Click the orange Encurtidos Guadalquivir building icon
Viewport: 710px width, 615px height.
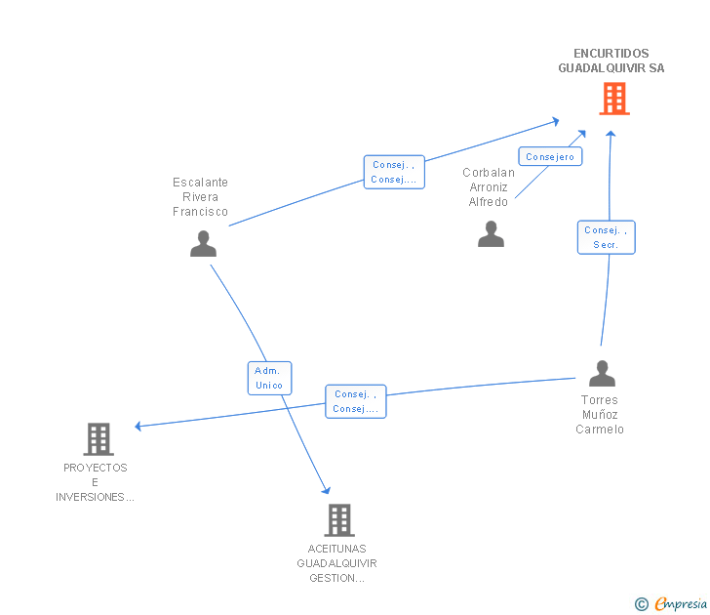coord(613,99)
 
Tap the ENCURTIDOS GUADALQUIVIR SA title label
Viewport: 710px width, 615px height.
coord(611,61)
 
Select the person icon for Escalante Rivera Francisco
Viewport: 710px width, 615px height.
coord(203,243)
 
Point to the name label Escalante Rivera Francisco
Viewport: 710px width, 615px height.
coord(200,197)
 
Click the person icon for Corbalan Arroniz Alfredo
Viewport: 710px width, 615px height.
coord(491,234)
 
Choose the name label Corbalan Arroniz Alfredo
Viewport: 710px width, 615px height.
coord(489,187)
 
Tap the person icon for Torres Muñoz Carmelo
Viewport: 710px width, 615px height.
coord(602,374)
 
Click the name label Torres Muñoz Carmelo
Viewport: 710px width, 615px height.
coord(600,415)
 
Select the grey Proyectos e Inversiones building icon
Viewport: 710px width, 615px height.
coord(99,439)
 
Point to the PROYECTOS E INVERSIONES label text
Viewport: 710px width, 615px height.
coord(96,482)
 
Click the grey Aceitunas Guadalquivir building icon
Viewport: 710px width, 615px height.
coord(337,520)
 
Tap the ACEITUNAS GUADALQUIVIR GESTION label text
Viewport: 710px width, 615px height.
coord(337,563)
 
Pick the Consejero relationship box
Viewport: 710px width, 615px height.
coord(550,156)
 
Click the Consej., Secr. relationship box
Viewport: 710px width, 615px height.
coord(606,237)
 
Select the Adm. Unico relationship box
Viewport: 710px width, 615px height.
coord(269,378)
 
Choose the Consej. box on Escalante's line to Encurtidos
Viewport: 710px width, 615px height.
coord(394,172)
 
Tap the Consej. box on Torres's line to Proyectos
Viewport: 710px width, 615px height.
coord(356,401)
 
